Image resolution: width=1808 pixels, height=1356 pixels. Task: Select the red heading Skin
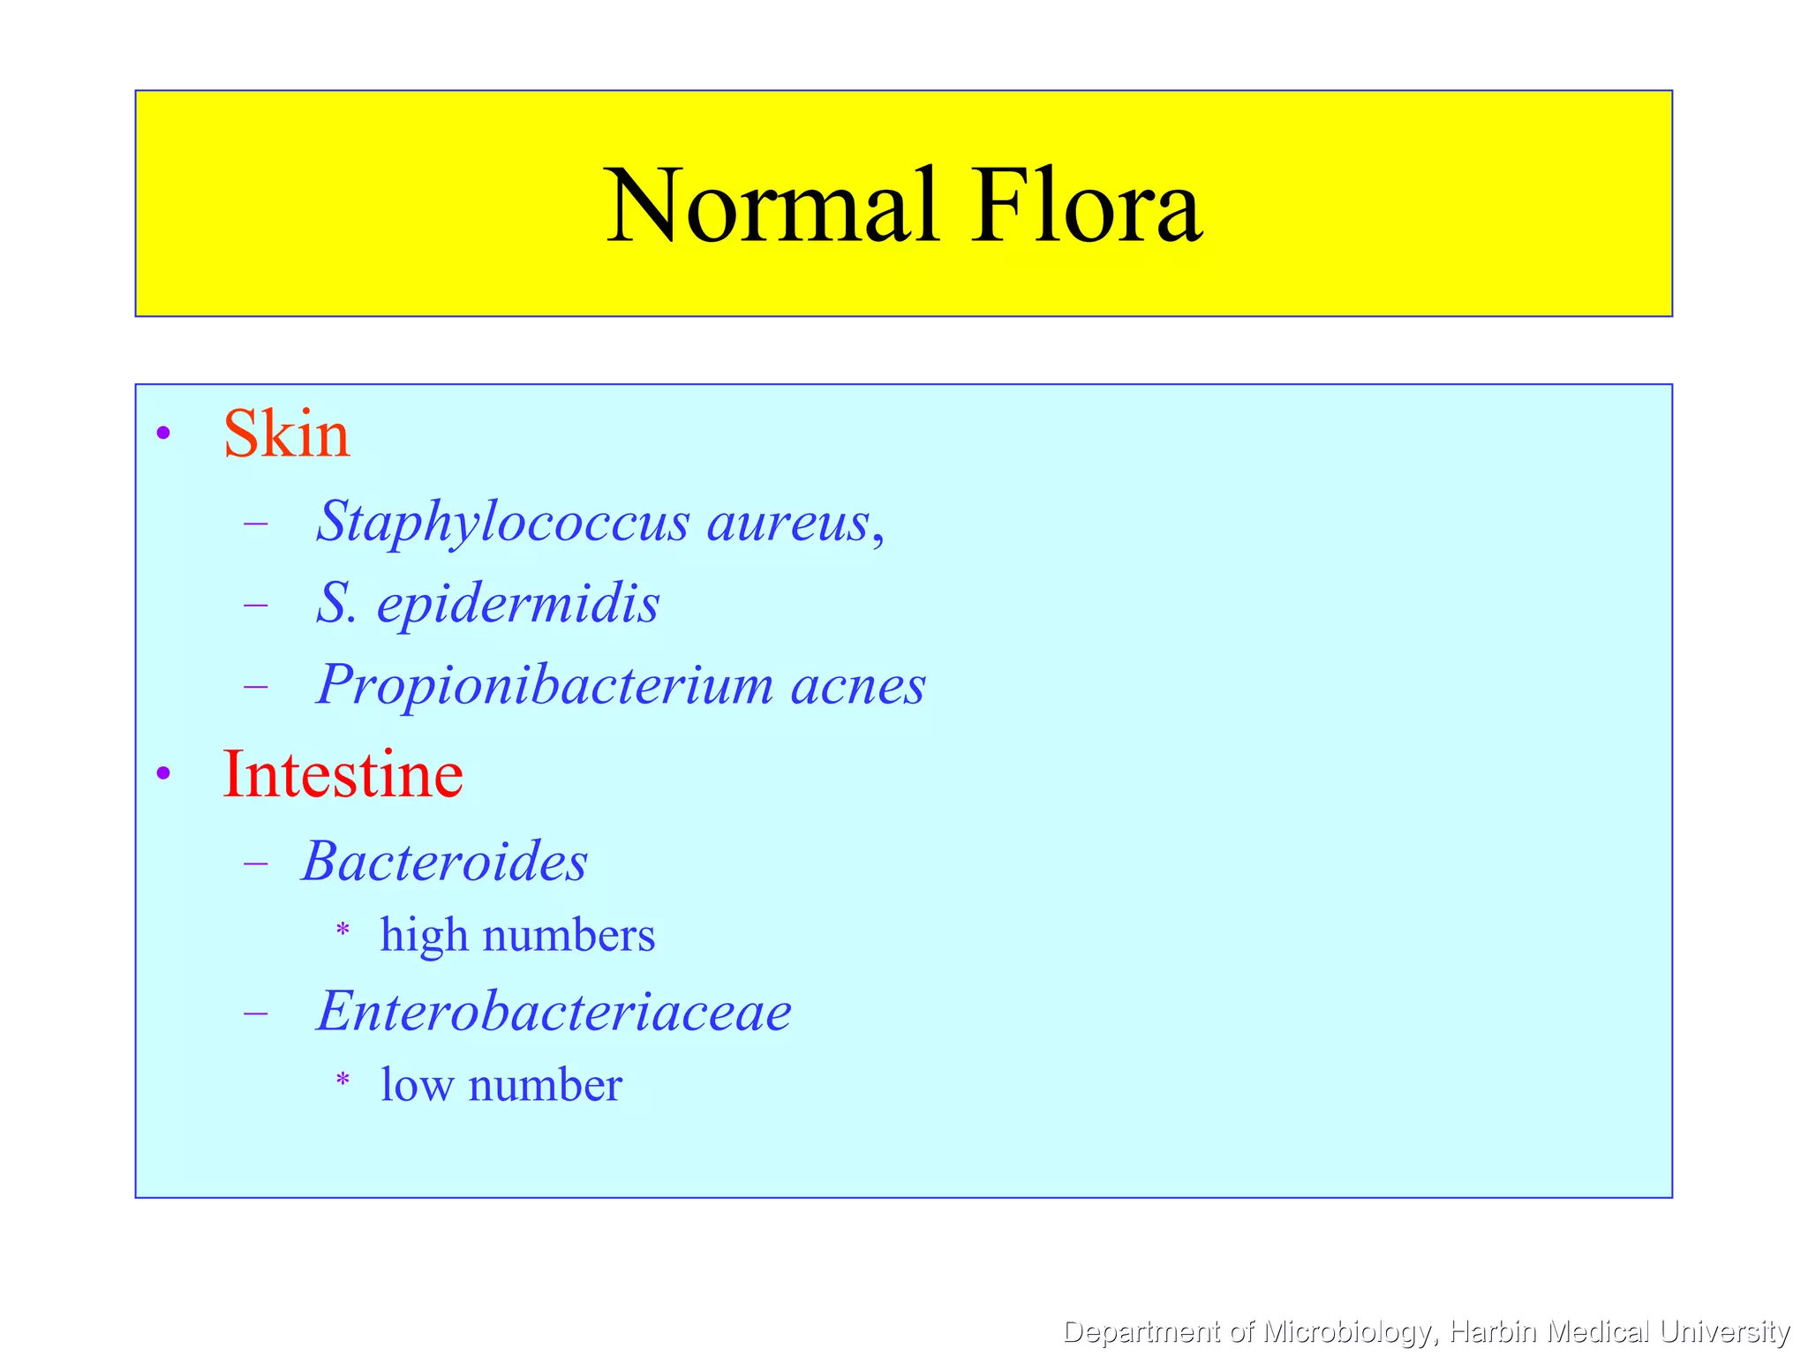[287, 434]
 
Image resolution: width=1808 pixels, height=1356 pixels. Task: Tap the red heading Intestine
[343, 774]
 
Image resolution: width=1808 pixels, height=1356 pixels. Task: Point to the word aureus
[788, 522]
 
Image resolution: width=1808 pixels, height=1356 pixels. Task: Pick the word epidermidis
[518, 604]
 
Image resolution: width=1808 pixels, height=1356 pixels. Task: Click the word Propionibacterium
[545, 685]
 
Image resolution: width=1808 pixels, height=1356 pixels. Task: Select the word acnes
[858, 685]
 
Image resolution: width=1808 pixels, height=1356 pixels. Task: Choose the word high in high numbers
[424, 935]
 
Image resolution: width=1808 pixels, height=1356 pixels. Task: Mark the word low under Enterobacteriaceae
[417, 1085]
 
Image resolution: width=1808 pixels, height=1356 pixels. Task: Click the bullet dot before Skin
[163, 433]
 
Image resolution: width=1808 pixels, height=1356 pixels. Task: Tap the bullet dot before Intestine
[163, 774]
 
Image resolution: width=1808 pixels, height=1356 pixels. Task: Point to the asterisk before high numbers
[343, 930]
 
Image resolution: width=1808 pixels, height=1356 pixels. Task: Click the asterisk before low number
[343, 1080]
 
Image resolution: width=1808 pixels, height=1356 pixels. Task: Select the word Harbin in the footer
[1495, 1331]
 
